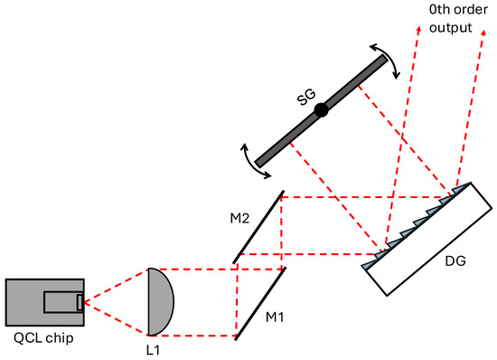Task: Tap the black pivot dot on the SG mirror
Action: (321, 110)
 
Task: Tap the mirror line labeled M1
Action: (260, 303)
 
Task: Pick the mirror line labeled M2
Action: (260, 226)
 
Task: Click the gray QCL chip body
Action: (27, 301)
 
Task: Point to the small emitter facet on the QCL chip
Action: (80, 301)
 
